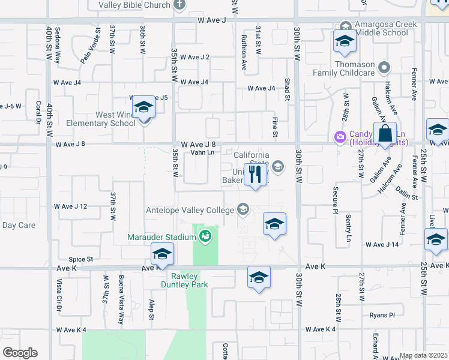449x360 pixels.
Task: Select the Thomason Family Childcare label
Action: click(x=344, y=68)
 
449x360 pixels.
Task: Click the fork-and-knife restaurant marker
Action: click(x=256, y=175)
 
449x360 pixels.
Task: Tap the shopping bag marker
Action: click(x=385, y=133)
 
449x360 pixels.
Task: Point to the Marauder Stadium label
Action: click(x=159, y=237)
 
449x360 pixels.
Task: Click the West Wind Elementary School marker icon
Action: click(x=144, y=108)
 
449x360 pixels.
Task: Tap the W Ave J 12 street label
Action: click(x=71, y=206)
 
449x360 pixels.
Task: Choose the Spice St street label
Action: click(x=80, y=259)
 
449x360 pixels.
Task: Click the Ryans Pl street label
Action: click(x=382, y=315)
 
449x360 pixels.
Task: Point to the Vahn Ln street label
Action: click(x=202, y=152)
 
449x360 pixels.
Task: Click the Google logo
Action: click(x=19, y=353)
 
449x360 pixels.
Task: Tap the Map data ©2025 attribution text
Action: click(x=423, y=355)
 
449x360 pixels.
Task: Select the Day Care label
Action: click(x=19, y=226)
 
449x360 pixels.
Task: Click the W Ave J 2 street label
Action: click(x=196, y=57)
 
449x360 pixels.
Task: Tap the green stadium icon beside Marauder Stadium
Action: click(x=206, y=236)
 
